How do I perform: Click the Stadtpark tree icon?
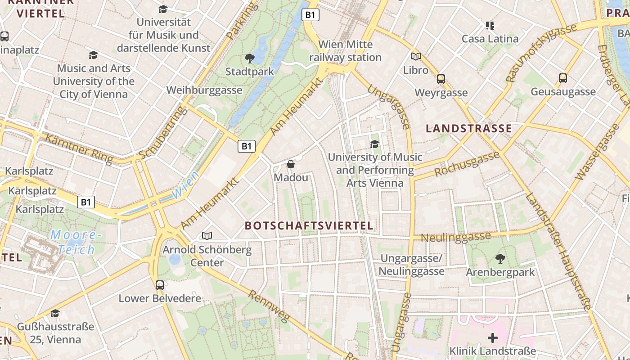coord(249,58)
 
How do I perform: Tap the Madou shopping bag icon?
coord(291,164)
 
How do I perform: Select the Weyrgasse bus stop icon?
coord(441,79)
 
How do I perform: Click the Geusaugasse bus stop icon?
coord(562,78)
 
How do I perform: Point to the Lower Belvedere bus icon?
coord(160,285)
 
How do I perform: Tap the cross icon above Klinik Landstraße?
coord(493,337)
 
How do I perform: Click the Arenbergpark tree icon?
coord(500,259)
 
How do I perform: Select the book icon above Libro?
coord(416,57)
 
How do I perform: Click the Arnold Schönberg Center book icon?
coord(207,236)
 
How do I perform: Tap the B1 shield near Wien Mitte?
coord(310,15)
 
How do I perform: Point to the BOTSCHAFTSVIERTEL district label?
coord(309,225)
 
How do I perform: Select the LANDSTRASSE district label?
coord(469,129)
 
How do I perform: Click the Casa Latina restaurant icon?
coord(490,25)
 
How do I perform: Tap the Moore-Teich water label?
coord(73,242)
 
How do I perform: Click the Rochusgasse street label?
coord(467,164)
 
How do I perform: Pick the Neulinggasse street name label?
coord(455,237)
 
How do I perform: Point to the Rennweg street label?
coord(269,306)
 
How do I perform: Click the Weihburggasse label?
coord(204,90)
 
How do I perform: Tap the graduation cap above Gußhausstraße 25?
coord(55,313)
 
